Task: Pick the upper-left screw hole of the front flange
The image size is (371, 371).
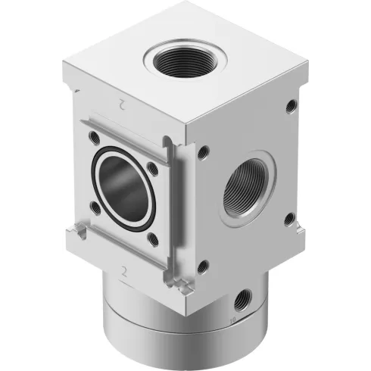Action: tap(93, 138)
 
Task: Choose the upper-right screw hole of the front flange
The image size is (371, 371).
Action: tap(153, 167)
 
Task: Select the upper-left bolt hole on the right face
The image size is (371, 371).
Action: tap(202, 153)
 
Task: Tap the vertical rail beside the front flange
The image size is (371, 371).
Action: tap(176, 212)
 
